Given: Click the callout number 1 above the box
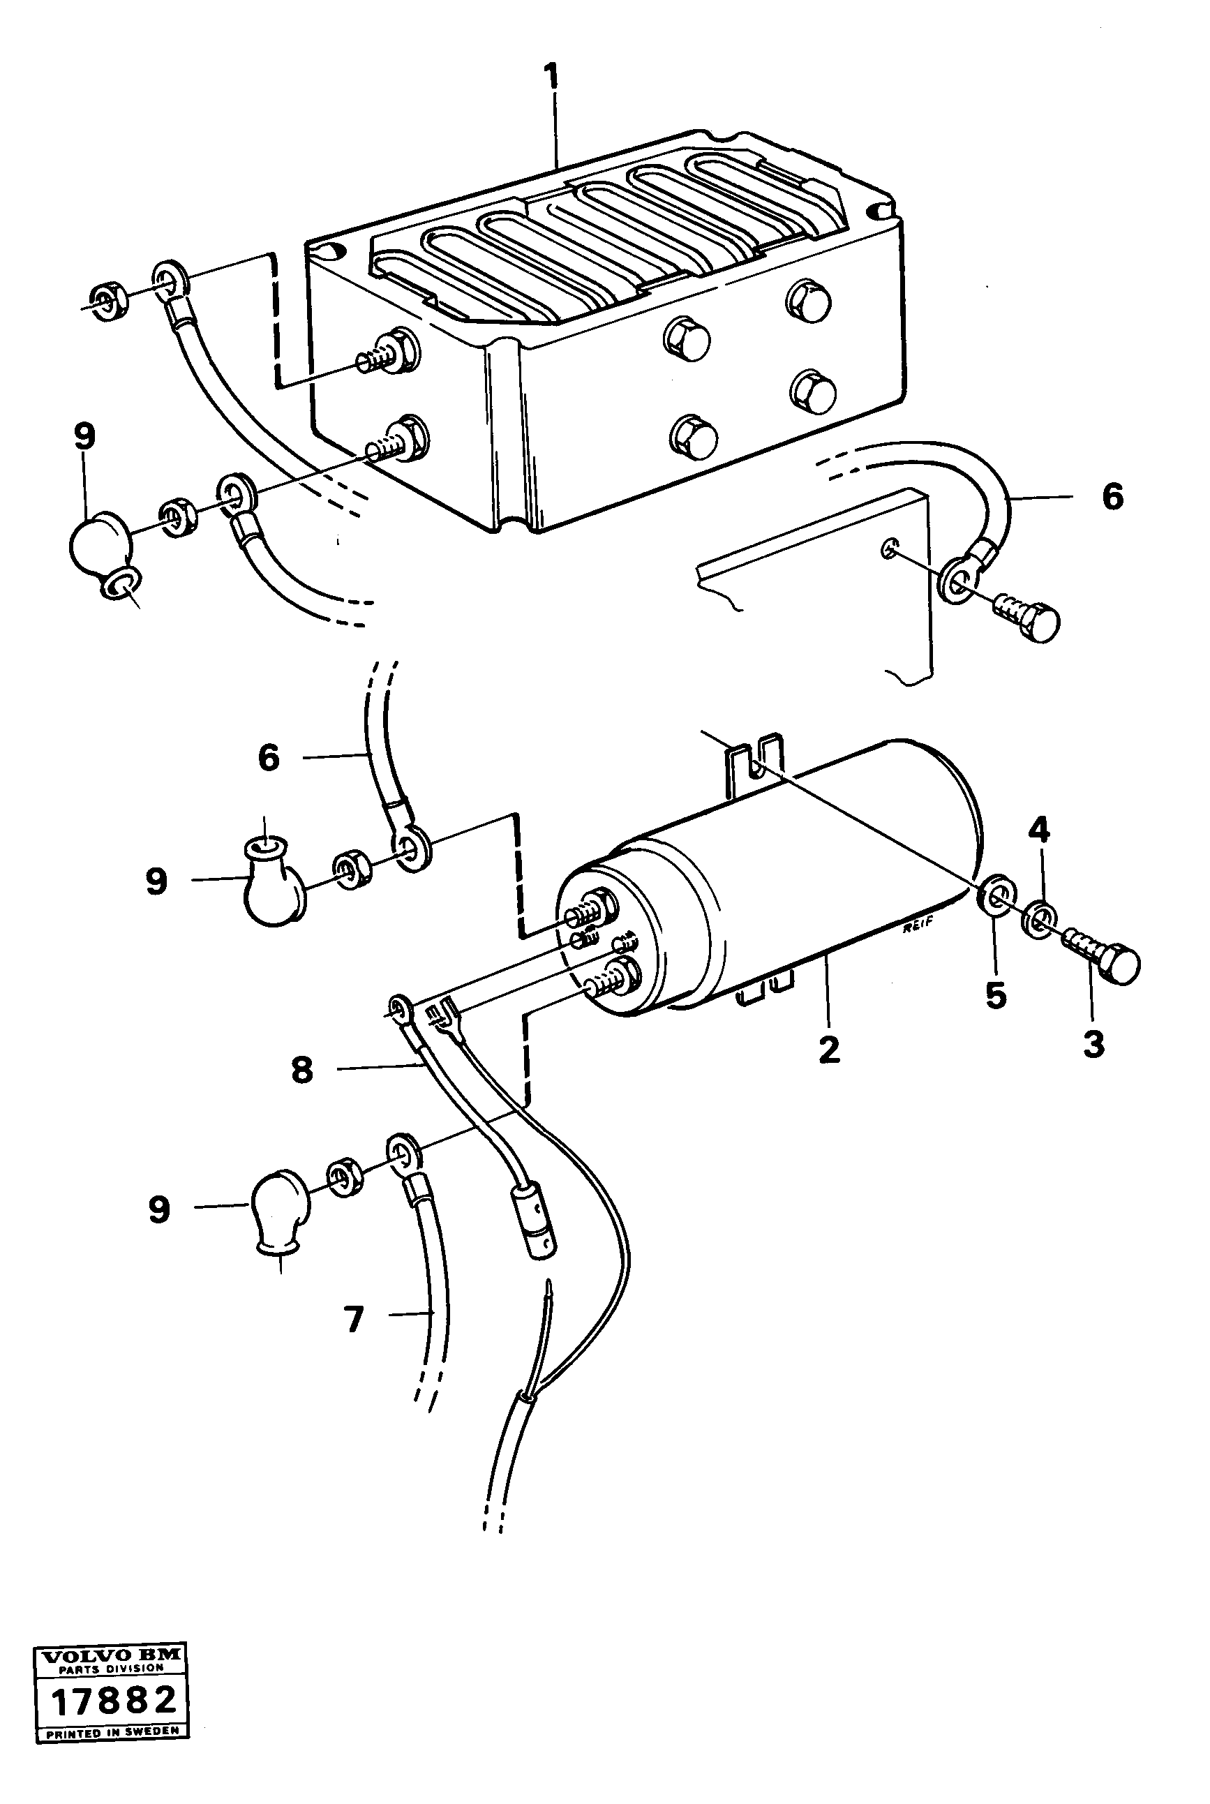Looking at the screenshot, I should [x=551, y=80].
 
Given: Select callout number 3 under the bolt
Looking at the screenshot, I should [x=1093, y=1045].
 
